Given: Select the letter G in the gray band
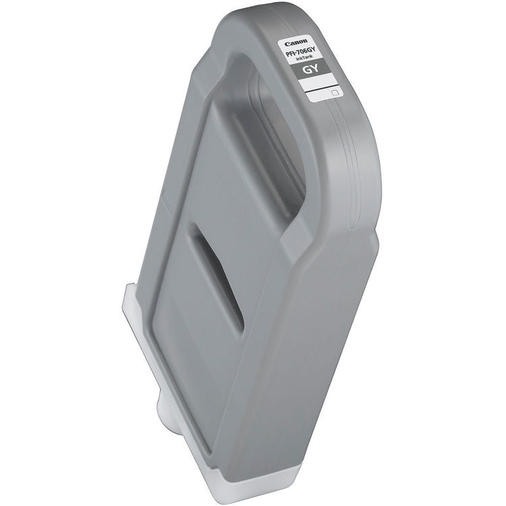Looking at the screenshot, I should (x=308, y=69).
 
